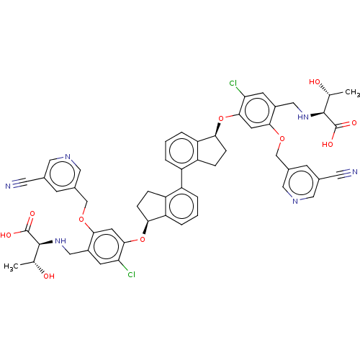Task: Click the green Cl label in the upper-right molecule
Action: [233, 84]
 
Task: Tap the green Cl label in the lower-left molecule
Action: [131, 274]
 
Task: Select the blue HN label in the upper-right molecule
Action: [302, 117]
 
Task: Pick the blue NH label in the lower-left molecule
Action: [60, 240]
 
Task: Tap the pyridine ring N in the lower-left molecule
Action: [68, 156]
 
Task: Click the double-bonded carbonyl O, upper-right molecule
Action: [353, 123]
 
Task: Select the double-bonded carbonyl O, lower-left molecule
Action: [31, 214]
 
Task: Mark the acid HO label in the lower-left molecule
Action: [6, 234]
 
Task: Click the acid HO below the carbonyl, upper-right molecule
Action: [328, 144]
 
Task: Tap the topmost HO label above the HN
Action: [315, 82]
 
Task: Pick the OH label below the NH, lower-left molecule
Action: [48, 276]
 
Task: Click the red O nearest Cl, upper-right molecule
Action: [221, 118]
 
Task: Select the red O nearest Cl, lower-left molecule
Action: [143, 239]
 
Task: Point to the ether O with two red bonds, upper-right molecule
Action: [282, 138]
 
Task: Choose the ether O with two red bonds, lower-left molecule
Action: [81, 218]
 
